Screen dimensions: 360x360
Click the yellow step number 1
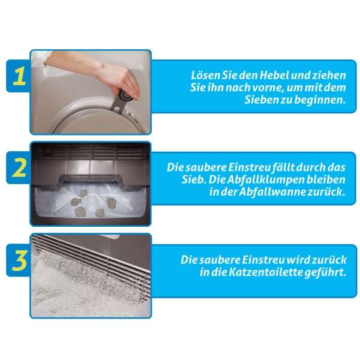[x=19, y=77]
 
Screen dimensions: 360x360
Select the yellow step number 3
[x=20, y=260]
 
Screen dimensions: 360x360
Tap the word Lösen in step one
[x=205, y=76]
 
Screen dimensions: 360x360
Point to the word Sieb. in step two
[x=193, y=179]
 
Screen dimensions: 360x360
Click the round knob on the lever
[x=125, y=95]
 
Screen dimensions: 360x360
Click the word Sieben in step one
[x=261, y=100]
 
